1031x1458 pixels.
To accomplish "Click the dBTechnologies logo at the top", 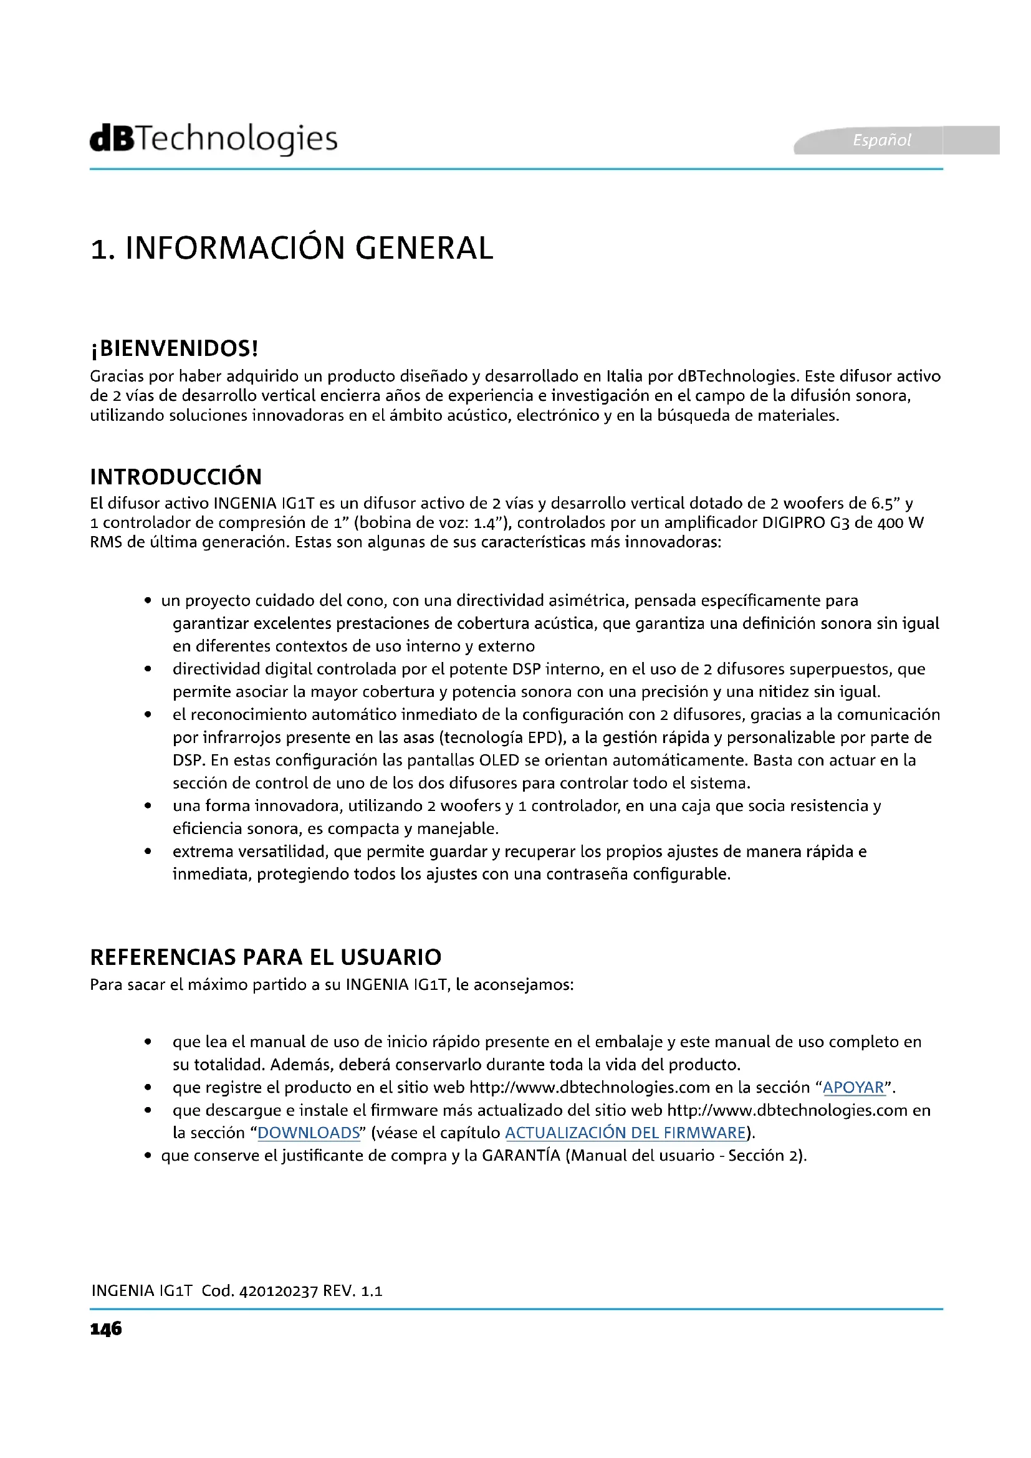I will [213, 139].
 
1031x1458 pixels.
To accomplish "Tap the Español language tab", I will [881, 140].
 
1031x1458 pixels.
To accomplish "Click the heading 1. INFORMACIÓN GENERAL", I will [291, 248].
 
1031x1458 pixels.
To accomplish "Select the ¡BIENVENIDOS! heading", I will [174, 348].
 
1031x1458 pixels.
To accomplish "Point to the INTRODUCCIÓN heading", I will [176, 477].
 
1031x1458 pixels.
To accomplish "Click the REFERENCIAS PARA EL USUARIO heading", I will [266, 957].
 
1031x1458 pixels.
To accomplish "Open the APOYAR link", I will [853, 1087].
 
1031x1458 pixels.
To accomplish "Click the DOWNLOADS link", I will [309, 1133].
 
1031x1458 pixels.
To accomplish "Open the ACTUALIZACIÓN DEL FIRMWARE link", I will [625, 1133].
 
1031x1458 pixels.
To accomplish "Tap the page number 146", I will [106, 1329].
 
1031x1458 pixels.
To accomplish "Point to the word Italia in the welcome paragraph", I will [624, 376].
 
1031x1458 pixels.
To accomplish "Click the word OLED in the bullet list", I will [499, 760].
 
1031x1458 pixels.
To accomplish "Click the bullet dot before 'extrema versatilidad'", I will [148, 851].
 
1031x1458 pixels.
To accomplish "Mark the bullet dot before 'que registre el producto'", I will [148, 1088].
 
